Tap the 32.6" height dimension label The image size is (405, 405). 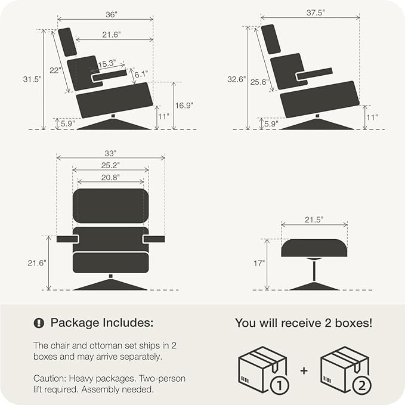coord(236,79)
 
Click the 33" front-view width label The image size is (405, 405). coord(110,153)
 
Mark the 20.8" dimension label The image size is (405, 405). coord(110,177)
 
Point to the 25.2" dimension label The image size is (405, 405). coord(110,165)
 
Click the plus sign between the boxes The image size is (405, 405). coord(304,370)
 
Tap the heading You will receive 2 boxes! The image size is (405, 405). coord(303,323)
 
